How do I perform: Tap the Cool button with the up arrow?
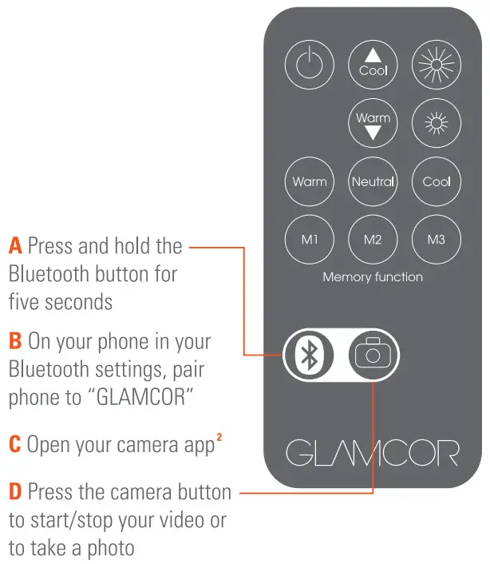tap(373, 62)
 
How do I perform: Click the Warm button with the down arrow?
tap(373, 125)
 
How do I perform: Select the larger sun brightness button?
tap(436, 62)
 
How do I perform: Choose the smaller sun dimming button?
tap(436, 125)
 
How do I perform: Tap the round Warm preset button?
tap(310, 181)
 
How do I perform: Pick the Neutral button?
tap(373, 181)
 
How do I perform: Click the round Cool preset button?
tap(436, 181)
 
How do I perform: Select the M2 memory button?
tap(373, 240)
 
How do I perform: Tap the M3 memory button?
tap(436, 240)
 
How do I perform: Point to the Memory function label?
tap(373, 277)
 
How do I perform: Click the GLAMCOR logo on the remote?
tap(373, 452)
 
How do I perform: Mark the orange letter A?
tap(15, 246)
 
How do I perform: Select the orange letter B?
tap(15, 342)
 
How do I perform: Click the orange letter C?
tap(15, 444)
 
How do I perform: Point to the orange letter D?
tap(15, 492)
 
